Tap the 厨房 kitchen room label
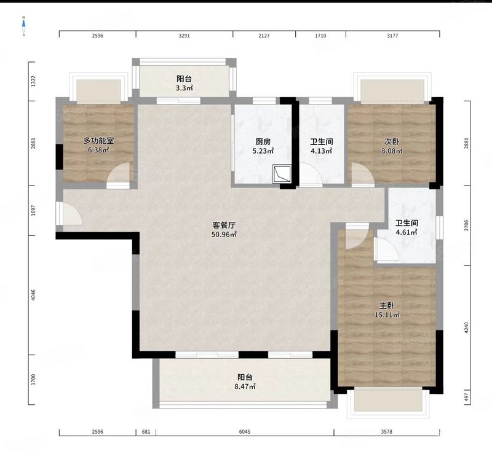pyautogui.click(x=263, y=142)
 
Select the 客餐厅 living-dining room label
pyautogui.click(x=224, y=225)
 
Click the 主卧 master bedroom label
pyautogui.click(x=387, y=305)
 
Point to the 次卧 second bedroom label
pyautogui.click(x=392, y=142)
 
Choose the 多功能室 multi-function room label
pyautogui.click(x=98, y=141)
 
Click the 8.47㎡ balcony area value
pyautogui.click(x=245, y=386)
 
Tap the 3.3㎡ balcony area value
pyautogui.click(x=184, y=88)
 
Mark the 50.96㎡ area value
pyautogui.click(x=224, y=235)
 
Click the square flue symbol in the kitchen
pyautogui.click(x=282, y=174)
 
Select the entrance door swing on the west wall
pyautogui.click(x=69, y=213)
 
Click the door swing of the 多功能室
pyautogui.click(x=118, y=176)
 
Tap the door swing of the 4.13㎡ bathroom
pyautogui.click(x=311, y=175)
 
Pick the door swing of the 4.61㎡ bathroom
pyautogui.click(x=387, y=250)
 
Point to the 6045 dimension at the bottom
pyautogui.click(x=245, y=432)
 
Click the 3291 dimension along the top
pyautogui.click(x=184, y=36)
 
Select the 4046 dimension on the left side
pyautogui.click(x=33, y=295)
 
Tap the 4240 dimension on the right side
pyautogui.click(x=466, y=327)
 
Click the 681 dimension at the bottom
pyautogui.click(x=146, y=432)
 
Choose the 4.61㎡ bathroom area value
pyautogui.click(x=407, y=232)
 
